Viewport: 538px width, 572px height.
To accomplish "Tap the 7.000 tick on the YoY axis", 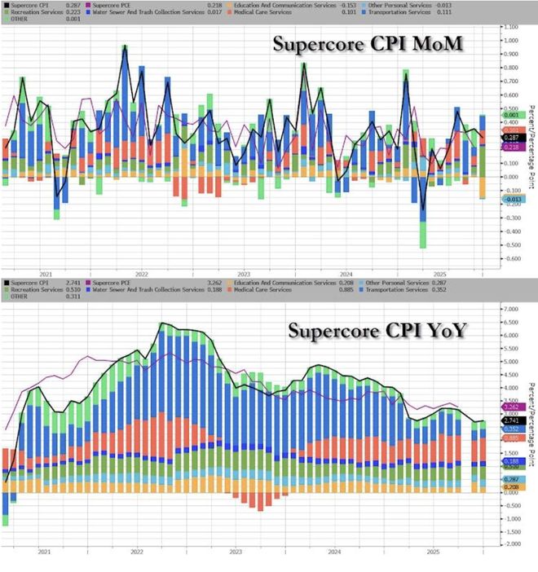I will tap(512, 310).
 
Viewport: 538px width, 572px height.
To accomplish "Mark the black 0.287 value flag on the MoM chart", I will tap(512, 139).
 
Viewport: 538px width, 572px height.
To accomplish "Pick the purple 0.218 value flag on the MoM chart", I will tap(512, 147).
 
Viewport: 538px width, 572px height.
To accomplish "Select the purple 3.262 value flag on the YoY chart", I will tap(512, 406).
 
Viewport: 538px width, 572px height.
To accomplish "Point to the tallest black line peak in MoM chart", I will tap(125, 46).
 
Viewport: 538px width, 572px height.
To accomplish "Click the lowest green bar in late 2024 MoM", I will tap(423, 236).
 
